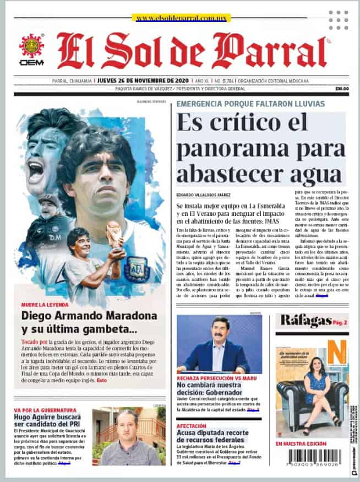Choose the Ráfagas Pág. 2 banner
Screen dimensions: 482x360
pyautogui.click(x=312, y=321)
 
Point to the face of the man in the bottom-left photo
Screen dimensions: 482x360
pyautogui.click(x=128, y=423)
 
